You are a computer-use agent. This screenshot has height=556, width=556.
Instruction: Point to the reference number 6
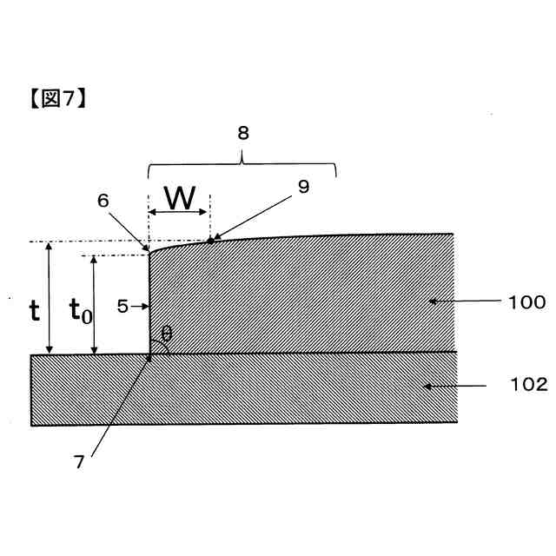[103, 199]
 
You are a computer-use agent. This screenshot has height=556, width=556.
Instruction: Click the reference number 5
[122, 306]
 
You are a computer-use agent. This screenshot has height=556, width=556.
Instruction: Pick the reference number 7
[79, 463]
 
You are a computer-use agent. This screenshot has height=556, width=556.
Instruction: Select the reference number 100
[527, 302]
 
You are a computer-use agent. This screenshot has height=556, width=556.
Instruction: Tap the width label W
[180, 199]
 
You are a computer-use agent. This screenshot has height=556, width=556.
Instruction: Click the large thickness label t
[34, 310]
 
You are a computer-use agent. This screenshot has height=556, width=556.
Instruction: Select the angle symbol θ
[167, 333]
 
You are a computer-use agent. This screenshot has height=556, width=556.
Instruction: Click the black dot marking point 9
[209, 240]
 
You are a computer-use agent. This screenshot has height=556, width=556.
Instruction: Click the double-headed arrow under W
[179, 213]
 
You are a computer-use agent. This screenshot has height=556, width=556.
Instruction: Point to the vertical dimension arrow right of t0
[95, 305]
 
